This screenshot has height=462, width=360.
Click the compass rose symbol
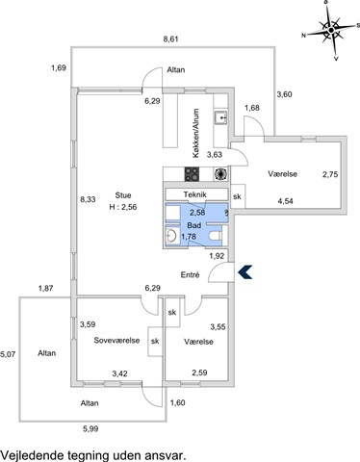pyautogui.click(x=331, y=30)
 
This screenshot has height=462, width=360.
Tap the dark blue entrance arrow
pyautogui.click(x=244, y=272)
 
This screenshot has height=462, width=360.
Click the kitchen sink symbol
pyautogui.click(x=221, y=117)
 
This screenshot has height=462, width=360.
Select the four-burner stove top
pyautogui.click(x=192, y=174)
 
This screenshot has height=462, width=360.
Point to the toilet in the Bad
pyautogui.click(x=218, y=236)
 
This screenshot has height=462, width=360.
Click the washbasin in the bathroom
pyautogui.click(x=170, y=236)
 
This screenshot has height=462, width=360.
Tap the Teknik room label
pyautogui.click(x=194, y=194)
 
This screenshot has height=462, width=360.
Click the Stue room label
pyautogui.click(x=123, y=195)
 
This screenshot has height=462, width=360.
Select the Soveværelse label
pyautogui.click(x=116, y=340)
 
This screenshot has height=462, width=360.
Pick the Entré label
pyautogui.click(x=190, y=274)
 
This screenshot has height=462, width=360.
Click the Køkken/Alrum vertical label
pyautogui.click(x=195, y=133)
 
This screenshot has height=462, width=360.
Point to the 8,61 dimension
pyautogui.click(x=170, y=39)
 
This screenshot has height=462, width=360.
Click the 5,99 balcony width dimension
pyautogui.click(x=90, y=429)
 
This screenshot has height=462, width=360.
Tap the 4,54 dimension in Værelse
pyautogui.click(x=285, y=201)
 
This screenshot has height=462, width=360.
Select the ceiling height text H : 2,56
pyautogui.click(x=123, y=207)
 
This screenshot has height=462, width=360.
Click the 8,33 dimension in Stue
pyautogui.click(x=88, y=199)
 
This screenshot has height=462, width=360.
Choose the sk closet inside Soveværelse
pyautogui.click(x=155, y=341)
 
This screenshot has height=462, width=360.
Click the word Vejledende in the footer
pyautogui.click(x=33, y=455)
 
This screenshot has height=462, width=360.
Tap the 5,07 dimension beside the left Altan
pyautogui.click(x=8, y=355)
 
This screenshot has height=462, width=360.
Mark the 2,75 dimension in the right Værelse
pyautogui.click(x=330, y=174)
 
